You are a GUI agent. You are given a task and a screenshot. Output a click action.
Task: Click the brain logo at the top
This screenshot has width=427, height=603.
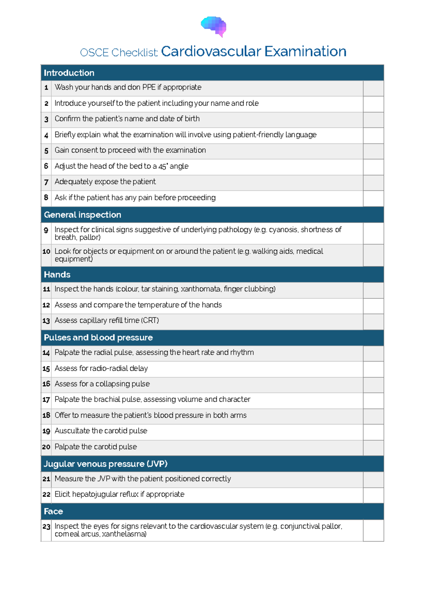click(x=213, y=26)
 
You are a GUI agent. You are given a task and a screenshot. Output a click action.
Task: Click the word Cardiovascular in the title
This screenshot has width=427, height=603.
click(x=211, y=52)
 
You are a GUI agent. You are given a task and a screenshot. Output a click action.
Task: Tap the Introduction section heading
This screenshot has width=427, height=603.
click(x=69, y=73)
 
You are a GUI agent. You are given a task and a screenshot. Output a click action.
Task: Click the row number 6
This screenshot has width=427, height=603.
click(x=46, y=166)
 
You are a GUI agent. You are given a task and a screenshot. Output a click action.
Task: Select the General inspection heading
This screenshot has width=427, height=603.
click(x=83, y=215)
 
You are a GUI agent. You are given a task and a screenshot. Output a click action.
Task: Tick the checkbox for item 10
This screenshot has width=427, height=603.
click(x=373, y=255)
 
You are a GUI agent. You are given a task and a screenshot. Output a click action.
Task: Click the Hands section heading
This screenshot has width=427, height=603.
click(x=57, y=274)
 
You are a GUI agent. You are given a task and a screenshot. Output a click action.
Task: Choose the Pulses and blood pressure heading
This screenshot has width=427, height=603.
click(x=98, y=337)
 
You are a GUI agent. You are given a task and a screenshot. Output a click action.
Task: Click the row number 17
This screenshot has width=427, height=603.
click(x=46, y=400)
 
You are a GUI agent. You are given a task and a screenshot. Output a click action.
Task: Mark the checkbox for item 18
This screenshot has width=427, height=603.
click(x=373, y=416)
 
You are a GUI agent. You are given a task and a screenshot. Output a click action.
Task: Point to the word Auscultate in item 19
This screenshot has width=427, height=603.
click(x=72, y=431)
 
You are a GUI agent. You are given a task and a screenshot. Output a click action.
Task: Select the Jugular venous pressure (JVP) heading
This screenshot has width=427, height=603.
click(x=105, y=464)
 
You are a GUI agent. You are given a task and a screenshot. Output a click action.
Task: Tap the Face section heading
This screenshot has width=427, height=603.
click(x=53, y=511)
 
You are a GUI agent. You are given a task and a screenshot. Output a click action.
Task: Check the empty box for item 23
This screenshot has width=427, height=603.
click(x=373, y=530)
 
